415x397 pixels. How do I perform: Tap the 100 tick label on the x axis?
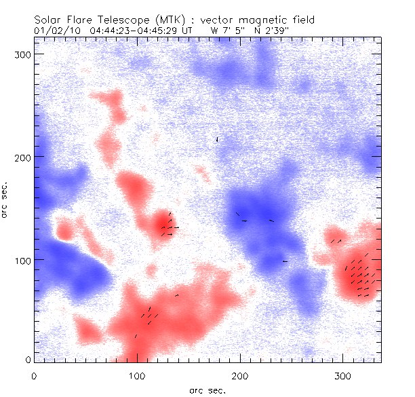[x=136, y=375]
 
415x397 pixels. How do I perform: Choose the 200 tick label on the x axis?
[x=239, y=375]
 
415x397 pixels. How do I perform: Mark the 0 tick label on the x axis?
[x=33, y=375]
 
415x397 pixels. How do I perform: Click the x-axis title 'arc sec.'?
[x=207, y=390]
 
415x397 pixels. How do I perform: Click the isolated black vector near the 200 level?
[x=217, y=140]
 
